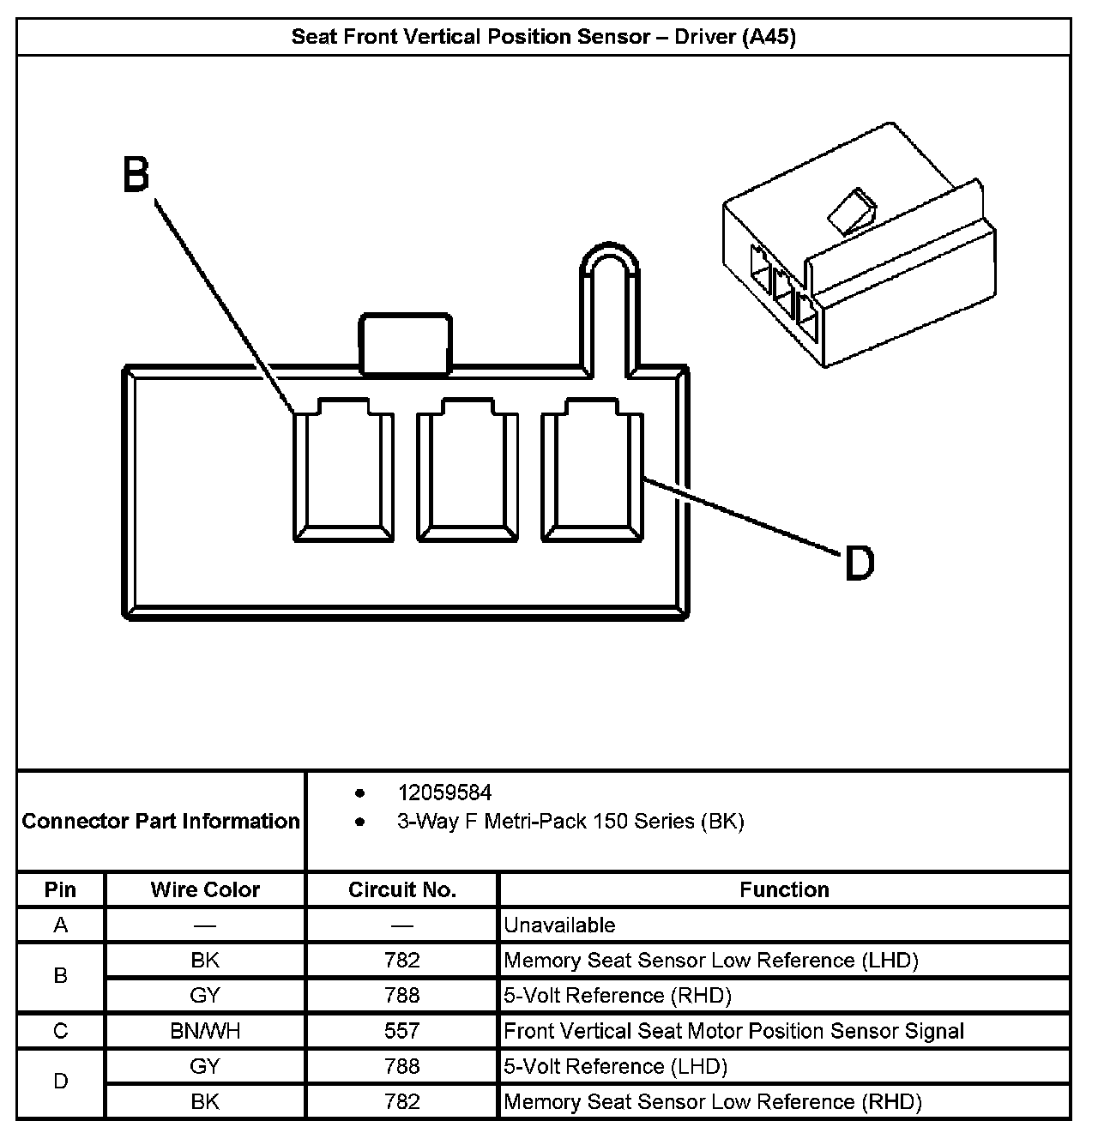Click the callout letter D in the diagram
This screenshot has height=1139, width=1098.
[859, 563]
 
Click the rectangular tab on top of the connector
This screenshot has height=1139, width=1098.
[405, 344]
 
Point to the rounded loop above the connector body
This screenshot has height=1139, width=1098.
[608, 266]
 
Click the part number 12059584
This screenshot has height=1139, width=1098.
[444, 792]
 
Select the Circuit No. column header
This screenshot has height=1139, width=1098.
[401, 889]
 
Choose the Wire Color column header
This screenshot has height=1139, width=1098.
[205, 889]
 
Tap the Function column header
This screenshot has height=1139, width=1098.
[784, 889]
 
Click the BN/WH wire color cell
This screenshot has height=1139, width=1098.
[205, 1030]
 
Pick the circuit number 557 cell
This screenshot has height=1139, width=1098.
[401, 1030]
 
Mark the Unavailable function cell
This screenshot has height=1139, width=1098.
[559, 925]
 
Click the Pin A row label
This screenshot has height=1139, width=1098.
[60, 925]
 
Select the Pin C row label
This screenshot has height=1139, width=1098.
[60, 1030]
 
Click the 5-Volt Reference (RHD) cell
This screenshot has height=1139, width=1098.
[618, 995]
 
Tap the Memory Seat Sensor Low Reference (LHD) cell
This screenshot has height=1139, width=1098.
[711, 960]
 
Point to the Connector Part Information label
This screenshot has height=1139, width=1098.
[161, 821]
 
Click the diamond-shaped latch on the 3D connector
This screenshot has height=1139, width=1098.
[850, 211]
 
